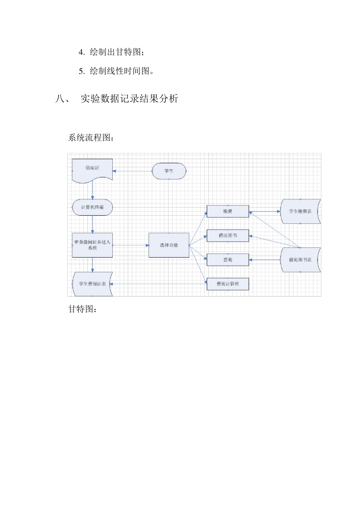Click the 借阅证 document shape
point(92,169)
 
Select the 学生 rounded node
point(169,171)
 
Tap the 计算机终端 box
point(92,207)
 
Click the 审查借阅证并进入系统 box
point(92,245)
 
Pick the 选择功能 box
point(169,245)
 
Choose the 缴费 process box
point(228,211)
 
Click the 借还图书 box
point(228,236)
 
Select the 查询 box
point(228,260)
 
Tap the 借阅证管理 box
point(228,284)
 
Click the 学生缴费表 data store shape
point(300,211)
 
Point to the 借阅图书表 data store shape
point(300,260)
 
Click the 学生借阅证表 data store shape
point(92,284)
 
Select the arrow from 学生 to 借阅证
point(132,171)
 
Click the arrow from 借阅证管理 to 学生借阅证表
point(159,284)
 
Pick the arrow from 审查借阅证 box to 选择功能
point(130,245)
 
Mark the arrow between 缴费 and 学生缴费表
point(265,211)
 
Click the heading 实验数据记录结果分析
point(129,99)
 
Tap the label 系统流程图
point(91,138)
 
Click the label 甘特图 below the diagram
point(82,309)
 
